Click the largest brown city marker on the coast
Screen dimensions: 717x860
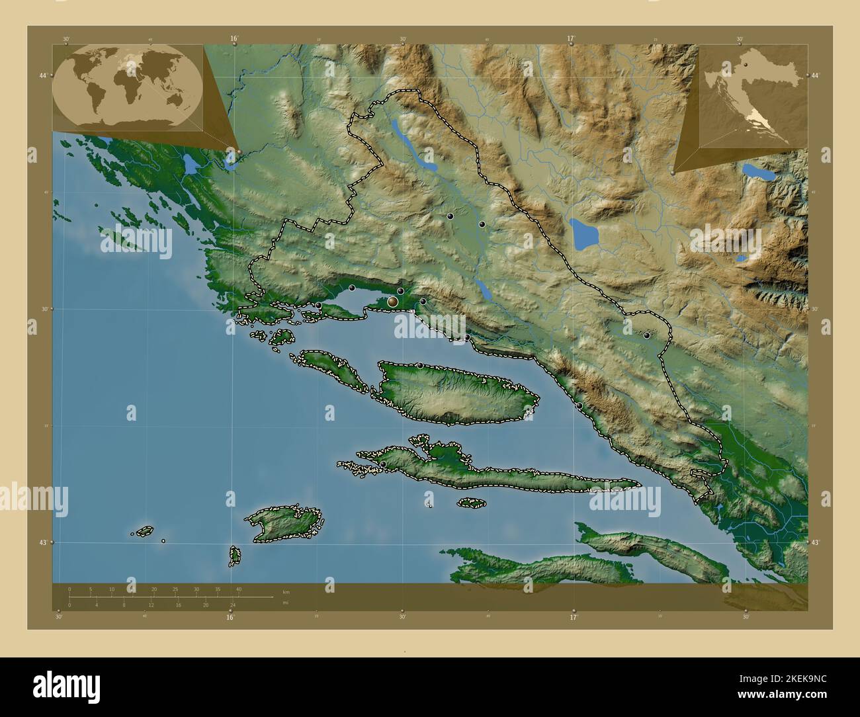(x=393, y=302)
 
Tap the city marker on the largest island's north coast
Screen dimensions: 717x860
(x=419, y=365)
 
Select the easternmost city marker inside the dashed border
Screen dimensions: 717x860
(x=646, y=335)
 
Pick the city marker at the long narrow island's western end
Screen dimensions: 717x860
(x=383, y=464)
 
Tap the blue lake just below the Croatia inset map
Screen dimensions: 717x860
(x=754, y=171)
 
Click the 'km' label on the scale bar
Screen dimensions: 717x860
(x=286, y=592)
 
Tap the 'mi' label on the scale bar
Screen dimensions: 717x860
(x=286, y=602)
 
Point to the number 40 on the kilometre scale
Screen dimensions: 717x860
(x=238, y=589)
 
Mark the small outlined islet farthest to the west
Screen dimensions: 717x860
(x=144, y=530)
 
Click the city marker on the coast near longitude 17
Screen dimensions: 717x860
(x=579, y=405)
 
